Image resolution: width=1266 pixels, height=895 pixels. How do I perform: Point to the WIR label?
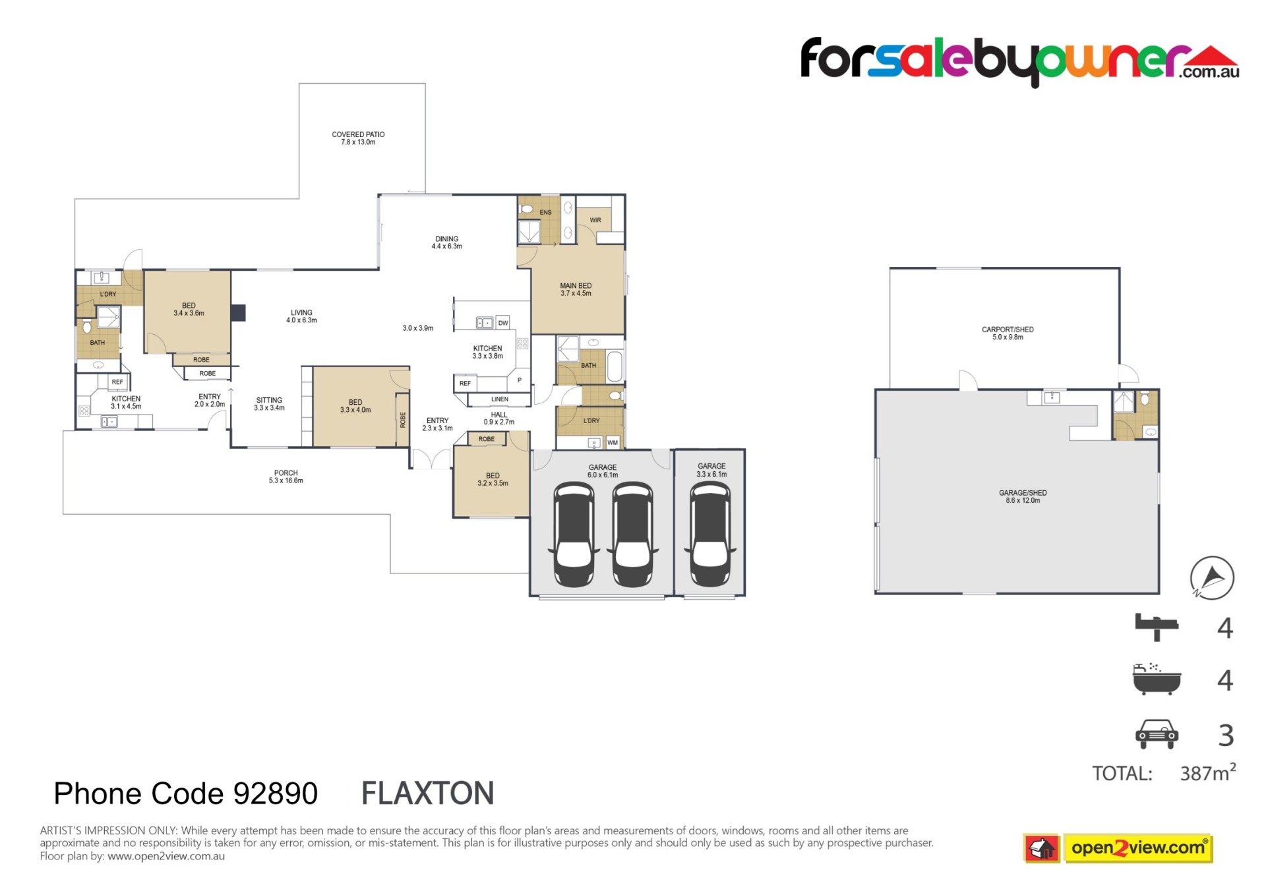pyautogui.click(x=595, y=220)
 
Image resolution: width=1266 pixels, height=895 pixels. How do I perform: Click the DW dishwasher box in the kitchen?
pyautogui.click(x=503, y=323)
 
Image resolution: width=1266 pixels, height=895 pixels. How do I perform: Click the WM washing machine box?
pyautogui.click(x=613, y=443)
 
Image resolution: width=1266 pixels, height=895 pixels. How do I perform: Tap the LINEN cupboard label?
pyautogui.click(x=500, y=399)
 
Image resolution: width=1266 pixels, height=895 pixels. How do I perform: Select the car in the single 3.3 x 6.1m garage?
pyautogui.click(x=710, y=534)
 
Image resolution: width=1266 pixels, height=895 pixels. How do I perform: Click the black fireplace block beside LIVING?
pyautogui.click(x=237, y=312)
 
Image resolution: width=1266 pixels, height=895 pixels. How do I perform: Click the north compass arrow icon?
pyautogui.click(x=1212, y=578)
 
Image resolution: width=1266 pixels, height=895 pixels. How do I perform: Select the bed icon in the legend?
pyautogui.click(x=1157, y=627)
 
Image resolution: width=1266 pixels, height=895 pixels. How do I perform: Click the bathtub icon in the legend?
pyautogui.click(x=1157, y=679)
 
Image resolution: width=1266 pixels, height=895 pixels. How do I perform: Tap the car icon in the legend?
pyautogui.click(x=1157, y=734)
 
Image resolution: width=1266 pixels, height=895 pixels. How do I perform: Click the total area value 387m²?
pyautogui.click(x=1208, y=772)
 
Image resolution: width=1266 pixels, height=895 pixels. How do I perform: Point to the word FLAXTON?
pyautogui.click(x=428, y=794)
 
